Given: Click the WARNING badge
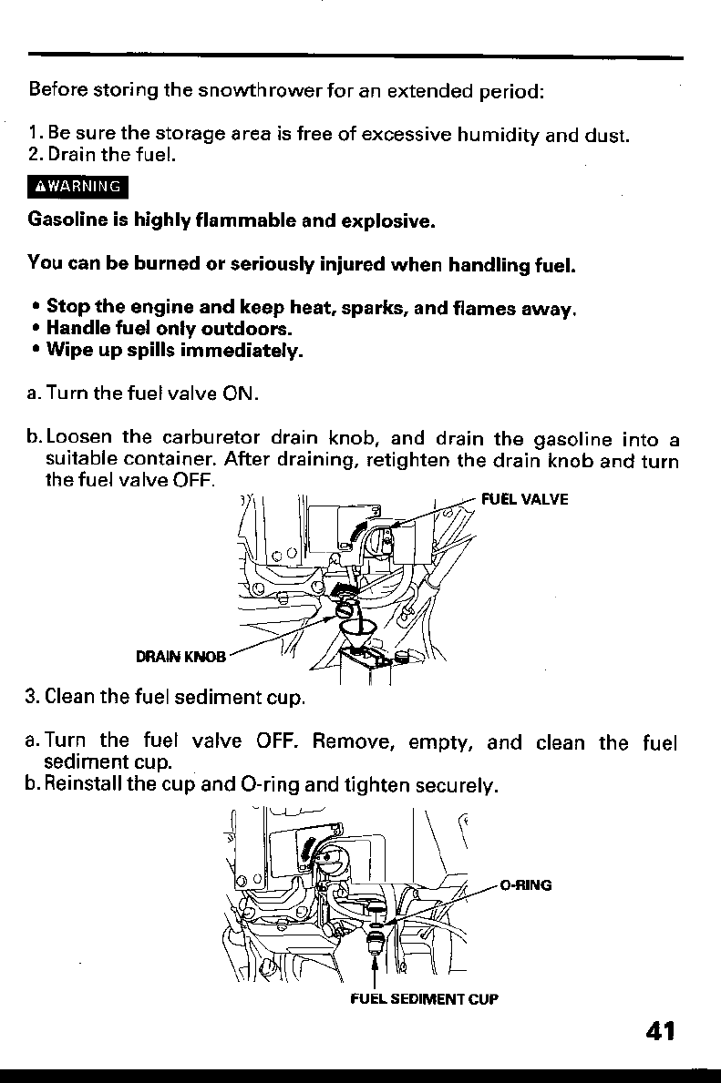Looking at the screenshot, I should [80, 188].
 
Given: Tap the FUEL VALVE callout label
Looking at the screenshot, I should [524, 499].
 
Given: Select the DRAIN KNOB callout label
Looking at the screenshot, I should [180, 656].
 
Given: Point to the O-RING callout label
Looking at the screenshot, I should [527, 884].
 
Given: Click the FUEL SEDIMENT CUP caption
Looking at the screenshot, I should [425, 999].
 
